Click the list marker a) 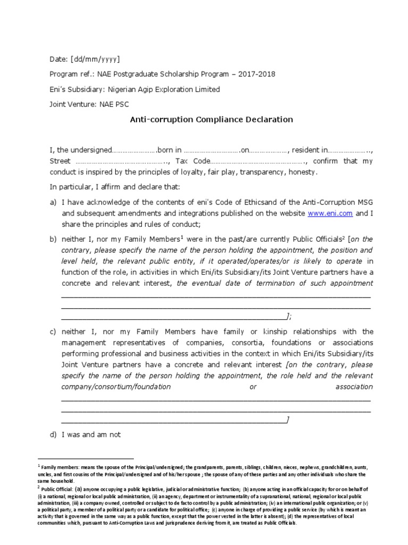[x=53, y=202]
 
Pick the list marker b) [x=53, y=239]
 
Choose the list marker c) [x=53, y=332]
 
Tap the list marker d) [x=53, y=435]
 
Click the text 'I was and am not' [x=91, y=435]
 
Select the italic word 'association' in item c [x=354, y=387]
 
